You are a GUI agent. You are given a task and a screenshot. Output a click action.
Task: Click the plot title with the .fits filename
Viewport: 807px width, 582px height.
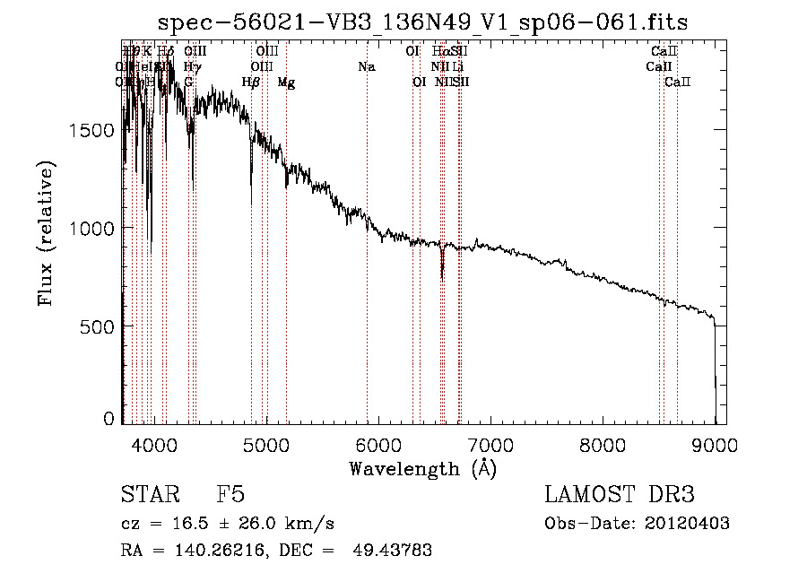pos(422,23)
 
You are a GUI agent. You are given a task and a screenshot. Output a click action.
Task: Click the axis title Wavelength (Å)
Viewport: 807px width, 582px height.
pos(422,468)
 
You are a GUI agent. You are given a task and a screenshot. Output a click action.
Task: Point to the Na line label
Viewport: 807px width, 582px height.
pos(366,67)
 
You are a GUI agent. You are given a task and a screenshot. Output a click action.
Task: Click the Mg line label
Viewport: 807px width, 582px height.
pos(286,83)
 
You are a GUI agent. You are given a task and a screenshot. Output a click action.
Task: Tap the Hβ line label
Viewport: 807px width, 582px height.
pos(251,83)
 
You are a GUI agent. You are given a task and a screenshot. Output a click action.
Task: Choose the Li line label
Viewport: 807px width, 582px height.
pos(457,67)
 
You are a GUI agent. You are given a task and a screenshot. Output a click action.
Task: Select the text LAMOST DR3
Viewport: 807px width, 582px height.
pos(620,495)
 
